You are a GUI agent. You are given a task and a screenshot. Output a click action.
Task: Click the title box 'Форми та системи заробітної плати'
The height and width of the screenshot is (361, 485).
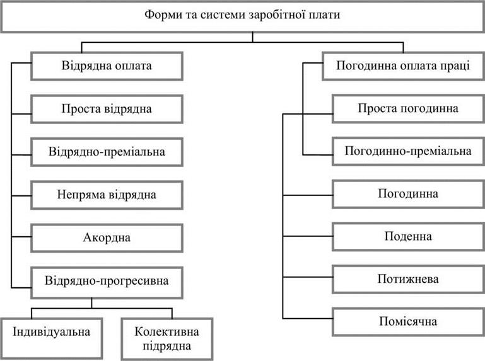[242, 16]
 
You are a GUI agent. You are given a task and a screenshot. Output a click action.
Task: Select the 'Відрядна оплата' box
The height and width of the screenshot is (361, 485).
[107, 66]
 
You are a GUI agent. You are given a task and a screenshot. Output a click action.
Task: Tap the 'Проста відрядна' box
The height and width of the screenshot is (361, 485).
[107, 109]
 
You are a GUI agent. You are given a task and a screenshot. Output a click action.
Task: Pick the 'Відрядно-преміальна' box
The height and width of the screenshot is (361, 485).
[107, 152]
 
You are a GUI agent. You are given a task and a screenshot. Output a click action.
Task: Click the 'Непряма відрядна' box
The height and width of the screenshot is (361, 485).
[107, 195]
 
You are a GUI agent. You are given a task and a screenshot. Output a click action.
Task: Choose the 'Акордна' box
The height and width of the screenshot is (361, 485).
[107, 238]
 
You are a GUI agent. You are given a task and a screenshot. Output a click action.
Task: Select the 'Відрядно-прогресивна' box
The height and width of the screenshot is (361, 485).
[107, 282]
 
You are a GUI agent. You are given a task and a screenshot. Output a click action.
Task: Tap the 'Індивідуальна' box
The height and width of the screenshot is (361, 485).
[51, 338]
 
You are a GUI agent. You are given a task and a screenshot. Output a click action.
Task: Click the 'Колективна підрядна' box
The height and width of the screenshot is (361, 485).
[167, 339]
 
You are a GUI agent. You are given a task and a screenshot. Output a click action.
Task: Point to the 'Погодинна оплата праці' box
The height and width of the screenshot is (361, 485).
[404, 66]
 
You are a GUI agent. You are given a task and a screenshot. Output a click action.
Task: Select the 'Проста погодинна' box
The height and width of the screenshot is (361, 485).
[408, 108]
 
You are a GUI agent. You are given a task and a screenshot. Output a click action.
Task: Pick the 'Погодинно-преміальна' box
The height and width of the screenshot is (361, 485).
[408, 151]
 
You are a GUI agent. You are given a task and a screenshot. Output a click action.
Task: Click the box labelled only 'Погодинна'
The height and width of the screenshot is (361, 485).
[408, 194]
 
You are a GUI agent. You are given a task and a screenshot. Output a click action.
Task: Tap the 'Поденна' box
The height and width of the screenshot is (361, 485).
[408, 236]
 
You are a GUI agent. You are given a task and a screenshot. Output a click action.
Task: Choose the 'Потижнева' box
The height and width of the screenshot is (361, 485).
[408, 279]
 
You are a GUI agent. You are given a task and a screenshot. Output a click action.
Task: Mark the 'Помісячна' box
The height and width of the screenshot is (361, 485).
[408, 322]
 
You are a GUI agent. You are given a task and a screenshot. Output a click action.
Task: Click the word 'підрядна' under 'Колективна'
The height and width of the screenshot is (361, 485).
[167, 346]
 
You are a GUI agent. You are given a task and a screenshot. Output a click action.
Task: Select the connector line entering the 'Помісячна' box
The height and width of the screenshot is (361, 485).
[308, 318]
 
